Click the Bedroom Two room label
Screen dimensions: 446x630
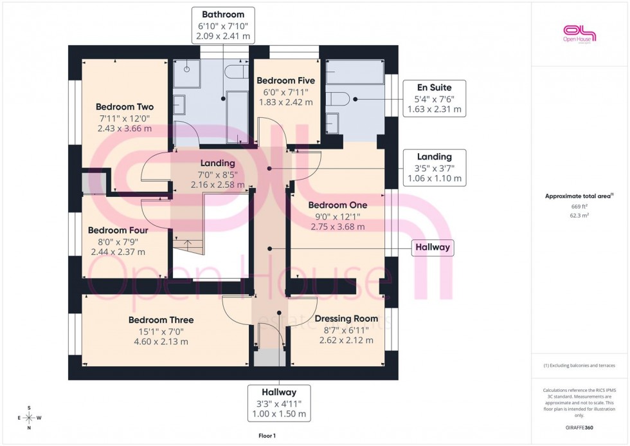(125, 107)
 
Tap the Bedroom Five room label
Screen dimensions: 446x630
(285, 81)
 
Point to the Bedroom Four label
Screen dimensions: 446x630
(118, 230)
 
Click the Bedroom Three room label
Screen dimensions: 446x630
(161, 320)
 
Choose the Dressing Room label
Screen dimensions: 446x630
(346, 319)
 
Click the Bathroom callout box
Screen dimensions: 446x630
(222, 25)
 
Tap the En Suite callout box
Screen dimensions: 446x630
(434, 98)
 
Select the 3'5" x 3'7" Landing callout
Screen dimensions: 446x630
(434, 167)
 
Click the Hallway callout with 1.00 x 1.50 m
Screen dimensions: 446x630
(278, 403)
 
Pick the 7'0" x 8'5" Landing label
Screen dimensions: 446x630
(217, 163)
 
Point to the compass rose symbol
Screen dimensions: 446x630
(28, 418)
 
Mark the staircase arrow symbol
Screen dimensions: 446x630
(187, 243)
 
